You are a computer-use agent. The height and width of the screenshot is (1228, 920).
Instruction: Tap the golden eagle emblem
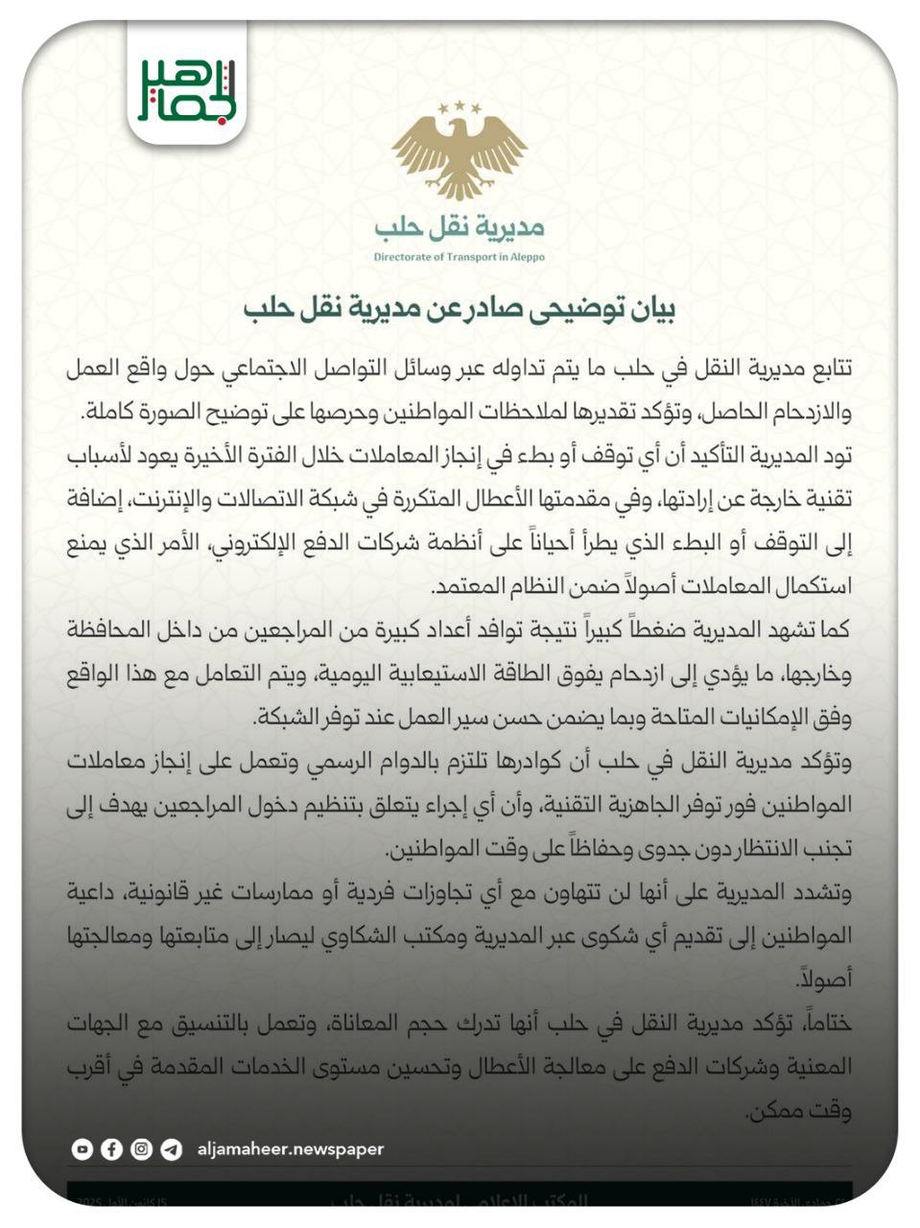459,154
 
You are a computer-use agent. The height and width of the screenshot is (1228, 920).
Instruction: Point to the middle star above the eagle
459,104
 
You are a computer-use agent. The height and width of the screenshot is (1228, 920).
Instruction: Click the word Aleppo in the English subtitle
526,257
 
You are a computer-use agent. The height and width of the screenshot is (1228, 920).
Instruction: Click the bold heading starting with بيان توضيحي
460,309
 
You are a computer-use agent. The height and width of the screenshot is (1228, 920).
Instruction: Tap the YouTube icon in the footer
83,1149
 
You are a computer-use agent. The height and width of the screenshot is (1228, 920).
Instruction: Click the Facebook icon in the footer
112,1149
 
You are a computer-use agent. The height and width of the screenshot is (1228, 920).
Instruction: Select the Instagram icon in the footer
142,1149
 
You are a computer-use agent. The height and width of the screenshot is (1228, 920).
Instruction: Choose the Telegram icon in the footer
172,1149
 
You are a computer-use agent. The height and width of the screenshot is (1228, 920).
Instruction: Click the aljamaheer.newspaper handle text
290,1149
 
